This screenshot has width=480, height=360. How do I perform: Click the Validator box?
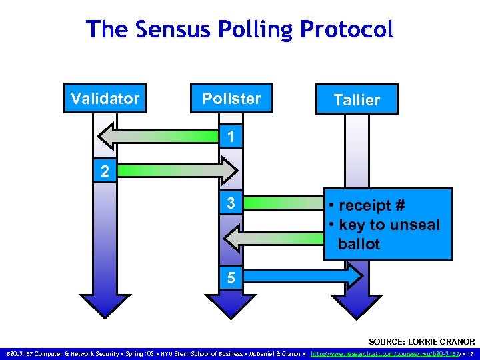pos(105,99)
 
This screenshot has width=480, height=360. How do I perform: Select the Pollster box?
pos(231,99)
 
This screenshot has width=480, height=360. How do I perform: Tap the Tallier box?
pos(357,99)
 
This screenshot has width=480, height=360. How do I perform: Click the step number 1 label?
pos(230,137)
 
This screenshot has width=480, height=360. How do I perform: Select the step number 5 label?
pos(230,277)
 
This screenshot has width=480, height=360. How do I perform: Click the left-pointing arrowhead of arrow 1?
pos(107,137)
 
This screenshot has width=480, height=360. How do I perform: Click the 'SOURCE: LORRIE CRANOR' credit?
pos(421,341)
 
